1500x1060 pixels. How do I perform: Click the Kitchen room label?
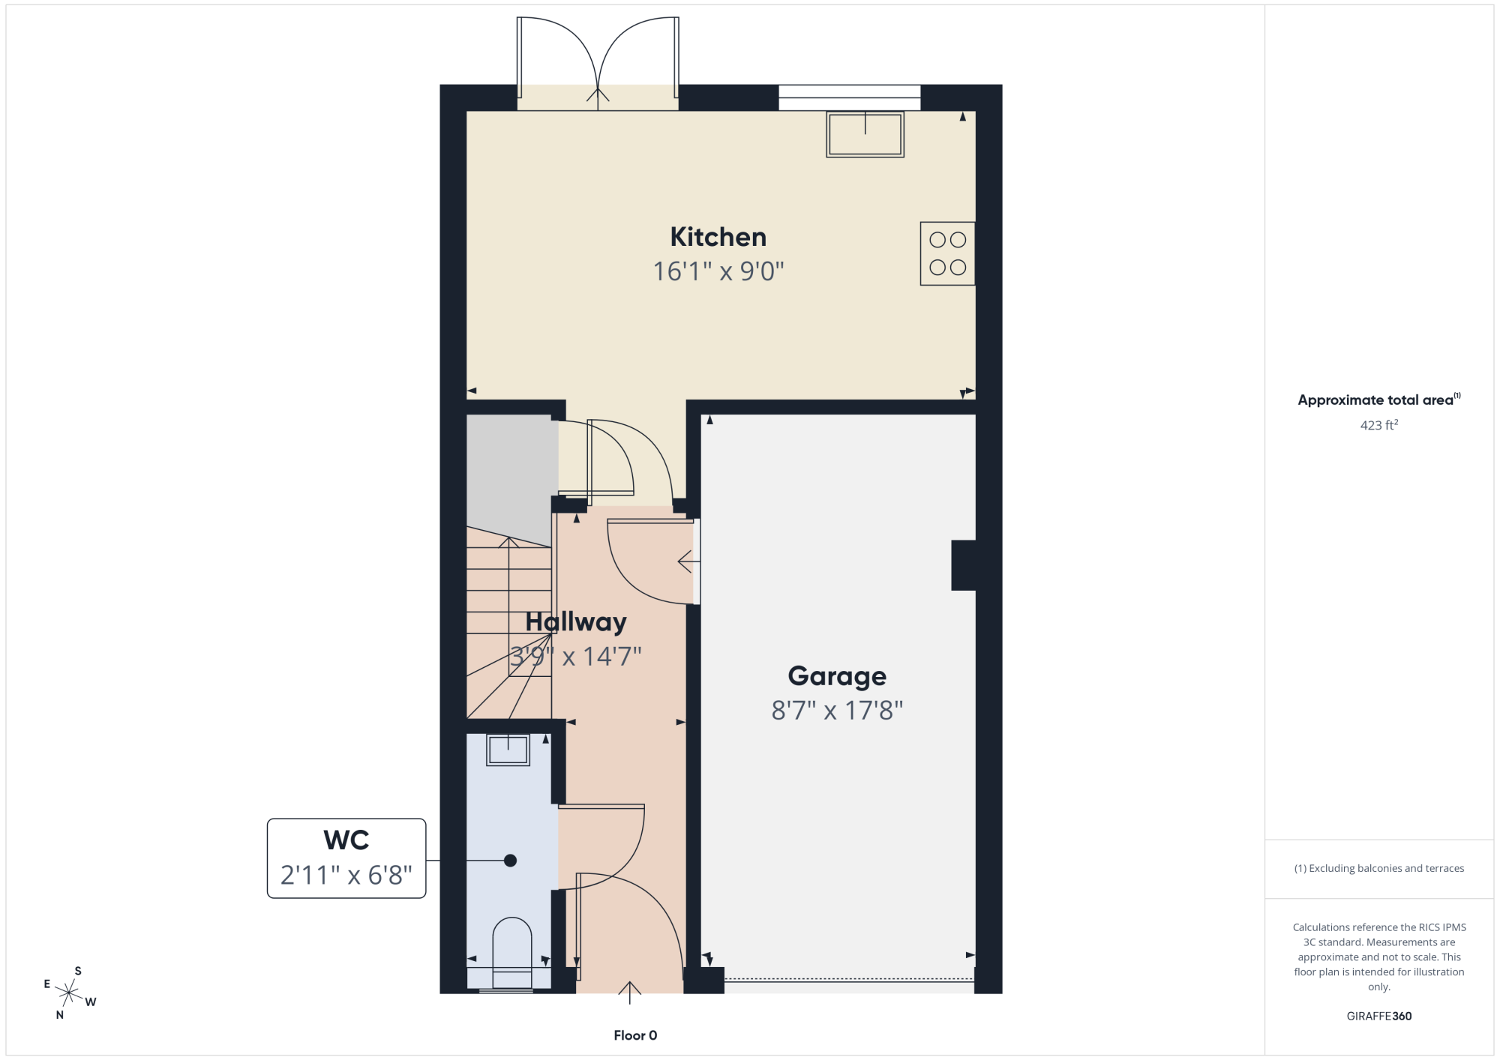718,237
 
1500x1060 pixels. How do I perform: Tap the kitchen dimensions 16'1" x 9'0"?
718,271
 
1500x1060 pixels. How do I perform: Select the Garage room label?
837,676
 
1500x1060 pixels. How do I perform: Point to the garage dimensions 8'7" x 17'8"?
837,711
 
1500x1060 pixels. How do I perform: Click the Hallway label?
576,622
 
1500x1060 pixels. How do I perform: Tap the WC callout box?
346,858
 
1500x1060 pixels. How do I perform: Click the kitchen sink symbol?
865,134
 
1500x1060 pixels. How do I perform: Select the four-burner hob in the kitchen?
947,253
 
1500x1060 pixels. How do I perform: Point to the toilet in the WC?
512,952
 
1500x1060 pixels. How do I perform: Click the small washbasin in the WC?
508,750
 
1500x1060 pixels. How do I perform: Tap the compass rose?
69,993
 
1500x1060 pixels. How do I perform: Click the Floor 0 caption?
635,1035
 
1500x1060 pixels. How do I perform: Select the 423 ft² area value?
1379,425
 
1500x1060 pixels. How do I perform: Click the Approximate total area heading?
1379,400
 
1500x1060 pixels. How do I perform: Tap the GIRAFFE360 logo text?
1379,1017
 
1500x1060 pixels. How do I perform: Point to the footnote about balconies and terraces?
1379,868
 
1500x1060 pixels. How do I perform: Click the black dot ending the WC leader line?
510,861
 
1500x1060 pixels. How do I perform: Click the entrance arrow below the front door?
630,993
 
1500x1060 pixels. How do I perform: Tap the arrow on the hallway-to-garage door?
688,561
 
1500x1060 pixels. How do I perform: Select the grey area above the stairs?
510,476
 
